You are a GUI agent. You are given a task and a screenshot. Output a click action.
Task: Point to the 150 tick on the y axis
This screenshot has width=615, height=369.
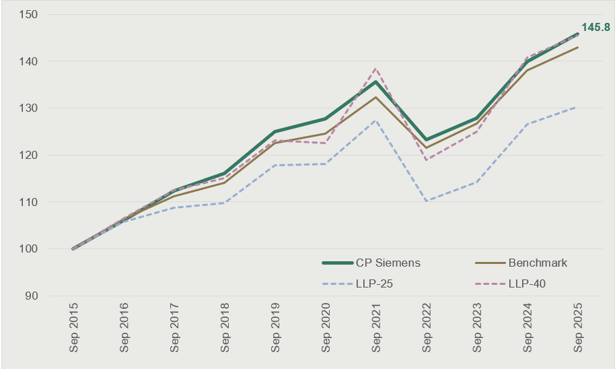[28, 15]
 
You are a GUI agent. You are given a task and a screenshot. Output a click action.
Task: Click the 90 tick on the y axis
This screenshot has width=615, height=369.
[31, 296]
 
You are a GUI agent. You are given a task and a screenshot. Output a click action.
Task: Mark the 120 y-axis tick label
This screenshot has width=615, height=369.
[28, 155]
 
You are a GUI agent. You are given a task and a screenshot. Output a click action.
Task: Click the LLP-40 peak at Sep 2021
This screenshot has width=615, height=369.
[375, 69]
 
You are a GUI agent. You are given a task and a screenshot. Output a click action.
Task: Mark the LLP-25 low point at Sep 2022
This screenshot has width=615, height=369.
[426, 201]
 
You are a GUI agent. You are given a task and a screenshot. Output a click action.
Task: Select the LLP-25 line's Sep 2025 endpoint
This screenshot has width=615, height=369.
[577, 107]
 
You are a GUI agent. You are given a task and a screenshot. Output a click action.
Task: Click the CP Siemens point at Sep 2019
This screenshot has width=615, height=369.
[275, 131]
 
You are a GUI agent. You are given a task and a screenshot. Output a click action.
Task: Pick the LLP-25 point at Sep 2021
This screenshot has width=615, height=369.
[375, 120]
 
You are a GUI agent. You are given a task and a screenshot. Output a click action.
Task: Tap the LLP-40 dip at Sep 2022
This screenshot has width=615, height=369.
[426, 160]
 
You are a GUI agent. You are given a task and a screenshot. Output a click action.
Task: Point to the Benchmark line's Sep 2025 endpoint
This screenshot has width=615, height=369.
[577, 47]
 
